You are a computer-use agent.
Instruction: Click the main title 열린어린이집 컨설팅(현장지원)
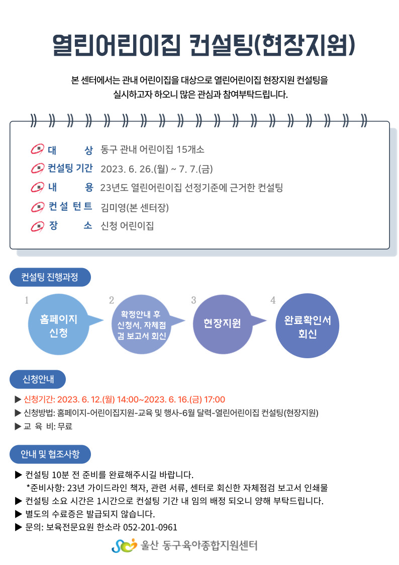click(204, 46)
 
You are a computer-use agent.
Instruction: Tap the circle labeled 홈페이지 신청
click(59, 325)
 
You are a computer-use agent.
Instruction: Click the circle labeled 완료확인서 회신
click(307, 326)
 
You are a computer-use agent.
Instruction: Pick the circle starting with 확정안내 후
click(141, 325)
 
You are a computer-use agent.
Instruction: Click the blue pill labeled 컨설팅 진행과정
click(50, 277)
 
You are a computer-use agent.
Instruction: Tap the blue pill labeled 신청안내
click(38, 379)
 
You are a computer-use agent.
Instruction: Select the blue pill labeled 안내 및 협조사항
click(50, 454)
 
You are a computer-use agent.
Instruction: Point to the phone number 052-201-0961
click(150, 528)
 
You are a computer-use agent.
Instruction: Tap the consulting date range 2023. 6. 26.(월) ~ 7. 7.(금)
click(157, 169)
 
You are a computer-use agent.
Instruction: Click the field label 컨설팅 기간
click(70, 168)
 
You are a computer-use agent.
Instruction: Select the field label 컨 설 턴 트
click(70, 206)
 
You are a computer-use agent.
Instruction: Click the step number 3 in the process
click(193, 300)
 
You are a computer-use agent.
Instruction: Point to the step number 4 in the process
click(273, 300)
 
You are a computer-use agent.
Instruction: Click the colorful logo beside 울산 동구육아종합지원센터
click(125, 545)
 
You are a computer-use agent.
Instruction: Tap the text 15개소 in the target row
click(190, 149)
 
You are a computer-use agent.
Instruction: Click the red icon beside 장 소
click(37, 226)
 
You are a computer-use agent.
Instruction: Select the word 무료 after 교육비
click(65, 427)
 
